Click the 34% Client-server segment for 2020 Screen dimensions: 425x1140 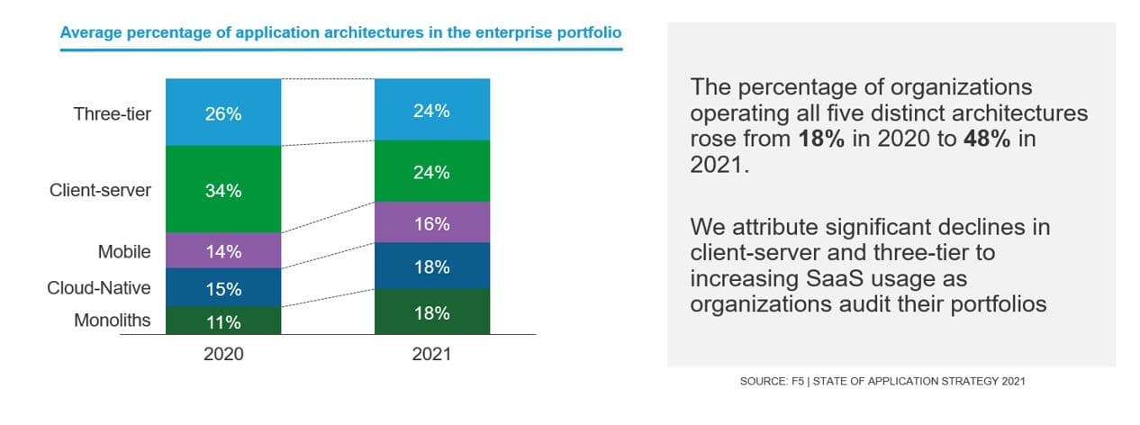point(222,191)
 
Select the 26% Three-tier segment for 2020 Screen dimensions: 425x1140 point(222,114)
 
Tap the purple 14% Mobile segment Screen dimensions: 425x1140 point(222,251)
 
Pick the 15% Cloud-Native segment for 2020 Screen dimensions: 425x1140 point(222,289)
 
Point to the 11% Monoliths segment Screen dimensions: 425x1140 point(222,321)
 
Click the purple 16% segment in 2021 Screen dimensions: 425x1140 point(431,223)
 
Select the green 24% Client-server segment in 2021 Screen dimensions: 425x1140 point(431,172)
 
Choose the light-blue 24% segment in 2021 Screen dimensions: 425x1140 point(431,111)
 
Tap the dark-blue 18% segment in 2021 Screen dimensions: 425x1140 point(431,267)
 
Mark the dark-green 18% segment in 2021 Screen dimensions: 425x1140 point(431,312)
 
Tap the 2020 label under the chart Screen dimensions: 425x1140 point(222,354)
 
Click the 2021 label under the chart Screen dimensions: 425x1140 point(431,354)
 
